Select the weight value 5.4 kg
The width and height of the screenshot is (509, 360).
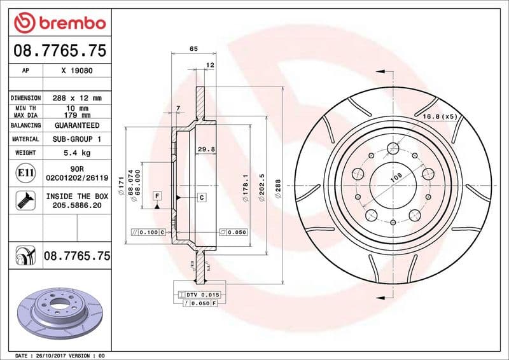pos(77,153)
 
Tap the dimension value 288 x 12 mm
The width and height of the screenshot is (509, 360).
pos(77,98)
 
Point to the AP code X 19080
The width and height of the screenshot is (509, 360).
pos(77,71)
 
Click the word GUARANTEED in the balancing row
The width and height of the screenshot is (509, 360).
pos(77,126)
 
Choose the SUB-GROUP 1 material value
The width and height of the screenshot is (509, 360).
pos(77,139)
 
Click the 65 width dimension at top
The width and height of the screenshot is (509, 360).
pos(193,49)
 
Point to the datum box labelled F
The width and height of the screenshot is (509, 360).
pos(157,195)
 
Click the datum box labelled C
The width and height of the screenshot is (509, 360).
pos(201,198)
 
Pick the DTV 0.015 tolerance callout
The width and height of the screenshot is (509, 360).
pos(203,295)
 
